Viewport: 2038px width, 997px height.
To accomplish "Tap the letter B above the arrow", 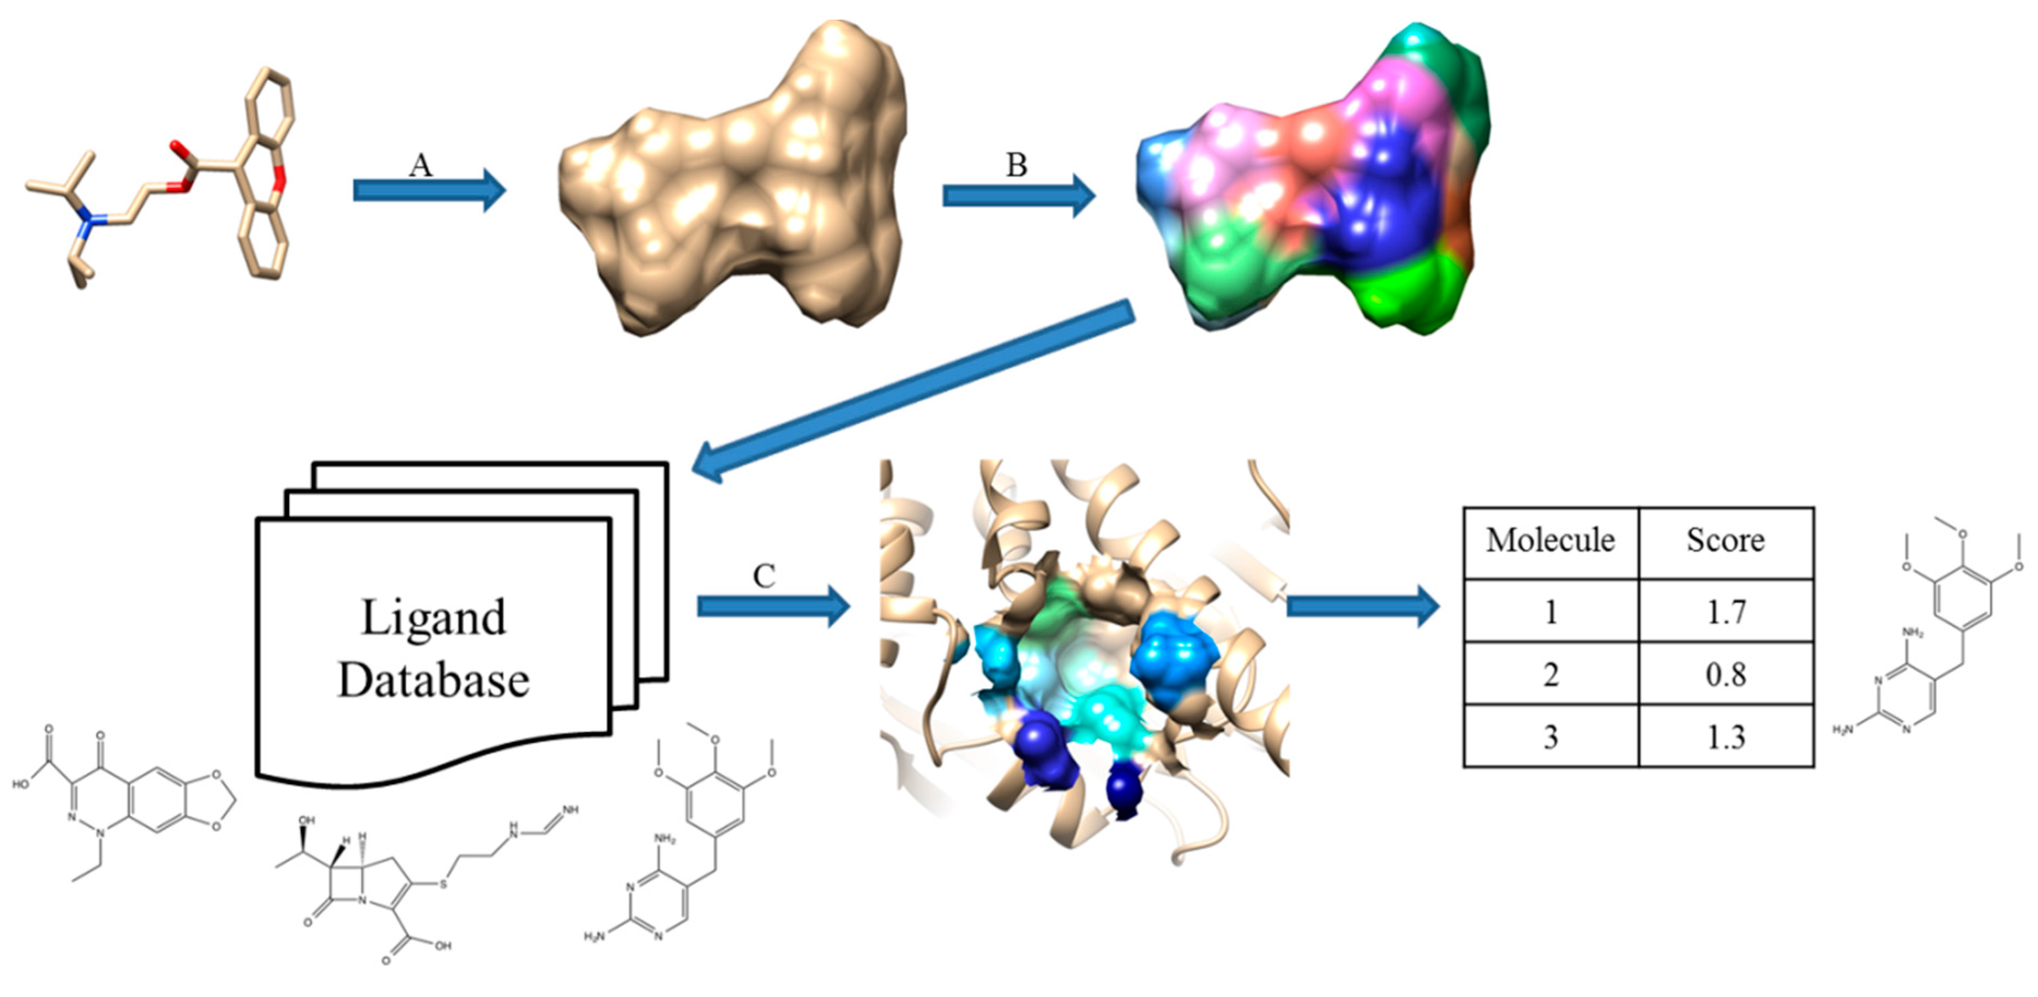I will coord(1017,165).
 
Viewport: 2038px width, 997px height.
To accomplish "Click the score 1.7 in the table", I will coord(1726,611).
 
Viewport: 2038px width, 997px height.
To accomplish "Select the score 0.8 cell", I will coord(1726,674).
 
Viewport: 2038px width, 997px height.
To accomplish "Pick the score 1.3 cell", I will coord(1726,737).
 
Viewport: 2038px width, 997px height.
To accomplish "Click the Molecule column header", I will coord(1550,540).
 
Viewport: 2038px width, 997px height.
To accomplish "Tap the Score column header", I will coord(1726,540).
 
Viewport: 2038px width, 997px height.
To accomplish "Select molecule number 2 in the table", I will coord(1550,674).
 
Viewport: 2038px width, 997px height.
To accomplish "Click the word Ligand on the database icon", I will coord(433,617).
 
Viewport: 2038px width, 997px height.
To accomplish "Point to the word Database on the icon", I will coord(433,681).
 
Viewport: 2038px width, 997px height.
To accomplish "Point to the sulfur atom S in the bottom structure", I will coord(443,883).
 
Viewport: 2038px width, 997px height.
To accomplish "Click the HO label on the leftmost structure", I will coord(21,784).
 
